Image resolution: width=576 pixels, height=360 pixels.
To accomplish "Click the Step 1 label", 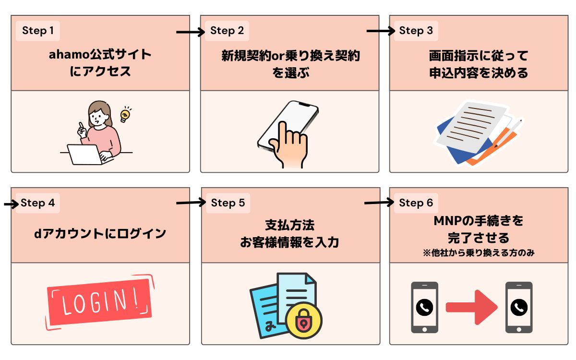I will click(38, 31).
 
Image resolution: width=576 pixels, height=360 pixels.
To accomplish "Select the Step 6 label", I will click(416, 203).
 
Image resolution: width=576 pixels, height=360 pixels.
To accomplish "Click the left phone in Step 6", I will click(424, 307).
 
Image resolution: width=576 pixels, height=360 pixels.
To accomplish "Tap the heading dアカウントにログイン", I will click(100, 234).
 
